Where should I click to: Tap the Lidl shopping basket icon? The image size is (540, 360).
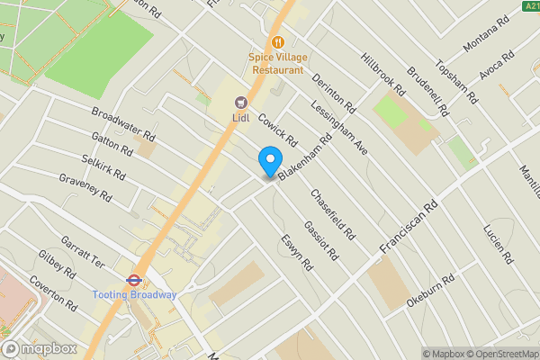tap(240, 103)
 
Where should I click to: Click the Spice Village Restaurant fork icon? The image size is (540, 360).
tap(278, 42)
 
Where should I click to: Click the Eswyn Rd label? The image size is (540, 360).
tap(295, 255)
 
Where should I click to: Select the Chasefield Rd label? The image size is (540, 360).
tap(329, 208)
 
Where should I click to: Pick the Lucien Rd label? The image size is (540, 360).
tap(496, 242)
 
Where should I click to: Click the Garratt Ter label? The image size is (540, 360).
tap(83, 254)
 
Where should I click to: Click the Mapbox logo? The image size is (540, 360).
tap(36, 349)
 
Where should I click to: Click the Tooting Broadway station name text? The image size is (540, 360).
tap(134, 295)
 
